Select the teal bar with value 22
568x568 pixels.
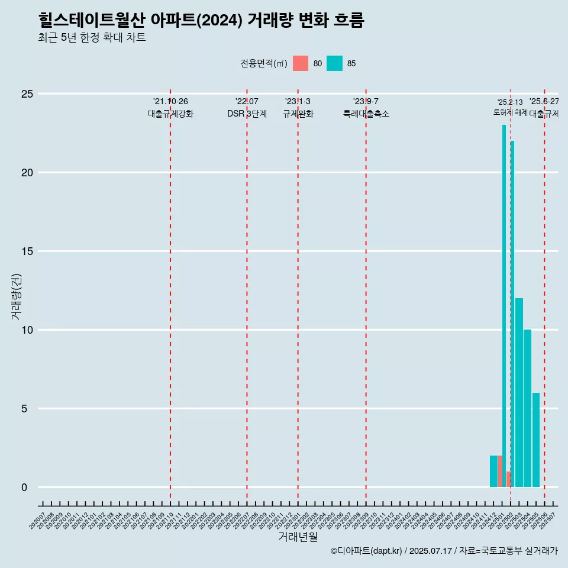coord(512,314)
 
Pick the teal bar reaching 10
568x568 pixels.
coord(527,408)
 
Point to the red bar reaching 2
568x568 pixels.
coord(500,471)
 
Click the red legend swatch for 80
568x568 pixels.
coord(301,63)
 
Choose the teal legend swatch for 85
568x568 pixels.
coord(334,63)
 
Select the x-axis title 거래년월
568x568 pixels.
coord(298,537)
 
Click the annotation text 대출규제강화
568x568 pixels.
coord(170,114)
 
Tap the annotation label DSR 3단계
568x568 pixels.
coord(247,114)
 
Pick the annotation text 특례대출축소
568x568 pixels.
coord(366,114)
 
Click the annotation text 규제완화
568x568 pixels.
coord(298,114)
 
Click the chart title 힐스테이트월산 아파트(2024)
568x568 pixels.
coord(201,21)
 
